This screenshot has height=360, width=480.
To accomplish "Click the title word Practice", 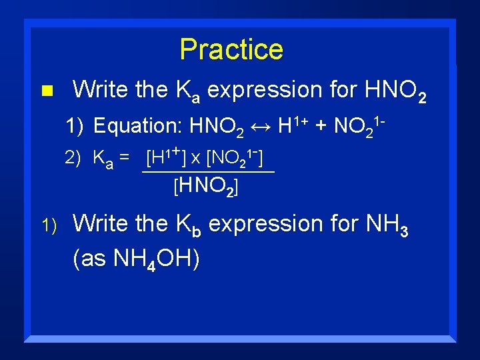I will point(231,49).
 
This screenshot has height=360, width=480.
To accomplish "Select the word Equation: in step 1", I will point(139,125).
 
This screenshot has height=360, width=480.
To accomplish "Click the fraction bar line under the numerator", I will point(208,172).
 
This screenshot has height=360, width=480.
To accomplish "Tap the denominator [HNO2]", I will point(206,188).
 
